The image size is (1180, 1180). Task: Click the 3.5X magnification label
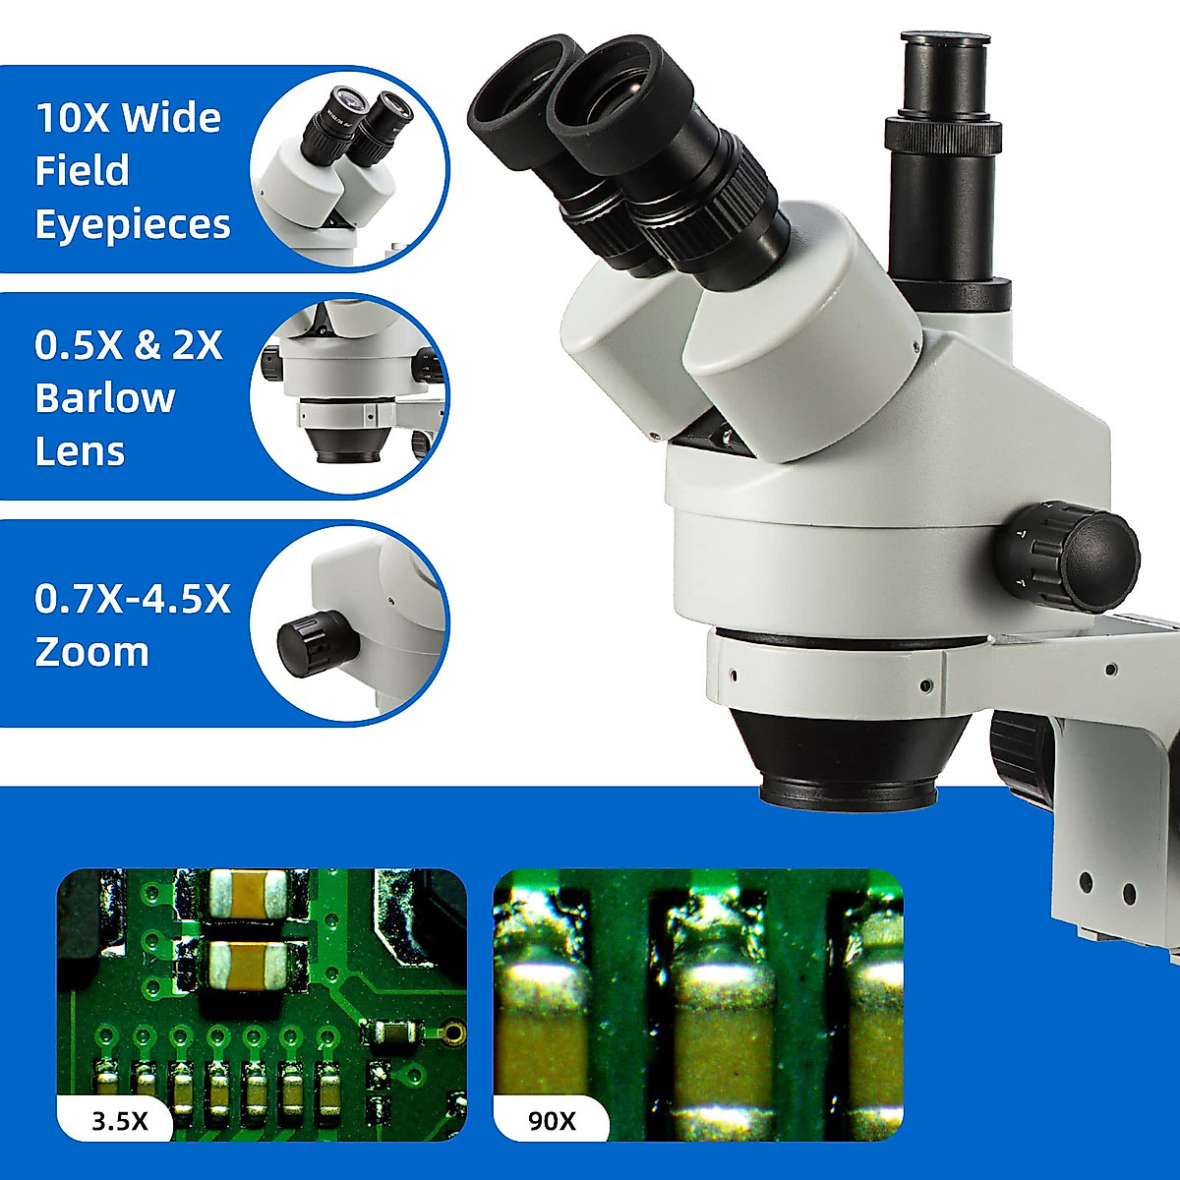[119, 1120]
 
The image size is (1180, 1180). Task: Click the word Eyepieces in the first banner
[133, 224]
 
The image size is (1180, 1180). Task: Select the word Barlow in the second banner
[104, 398]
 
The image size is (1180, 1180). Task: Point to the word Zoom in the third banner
[91, 652]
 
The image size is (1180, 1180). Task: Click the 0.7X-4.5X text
[133, 599]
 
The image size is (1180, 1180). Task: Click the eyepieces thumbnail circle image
[349, 167]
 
